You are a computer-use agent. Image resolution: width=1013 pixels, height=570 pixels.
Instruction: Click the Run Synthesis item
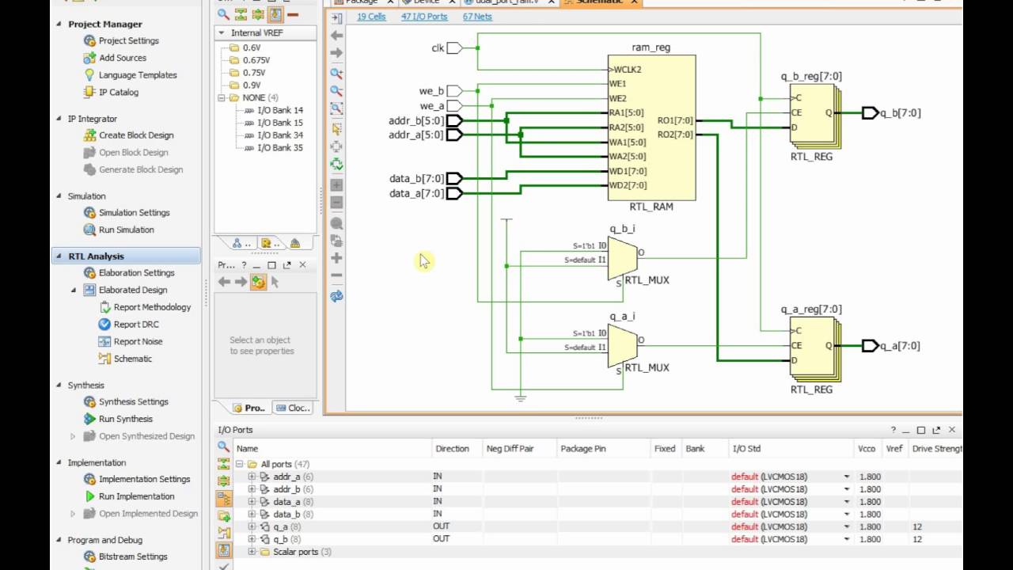(x=125, y=419)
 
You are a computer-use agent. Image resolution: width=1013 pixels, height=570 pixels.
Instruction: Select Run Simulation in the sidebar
(x=126, y=230)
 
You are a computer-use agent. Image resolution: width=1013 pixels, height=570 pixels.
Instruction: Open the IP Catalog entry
(x=118, y=92)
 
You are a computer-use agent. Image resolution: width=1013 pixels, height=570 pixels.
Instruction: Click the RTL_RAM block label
(x=651, y=207)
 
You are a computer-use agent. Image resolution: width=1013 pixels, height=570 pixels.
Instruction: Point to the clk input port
(x=453, y=48)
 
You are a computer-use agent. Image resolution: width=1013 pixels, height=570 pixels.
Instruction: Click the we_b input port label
(x=431, y=91)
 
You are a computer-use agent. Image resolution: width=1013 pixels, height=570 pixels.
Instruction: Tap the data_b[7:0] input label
(x=415, y=179)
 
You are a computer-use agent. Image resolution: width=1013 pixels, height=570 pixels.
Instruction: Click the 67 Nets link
(x=477, y=17)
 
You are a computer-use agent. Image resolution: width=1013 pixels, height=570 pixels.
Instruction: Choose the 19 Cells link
(x=371, y=17)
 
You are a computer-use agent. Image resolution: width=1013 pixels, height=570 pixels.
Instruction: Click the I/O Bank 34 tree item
(x=280, y=135)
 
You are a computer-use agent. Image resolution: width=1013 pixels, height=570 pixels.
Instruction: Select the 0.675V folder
(x=256, y=60)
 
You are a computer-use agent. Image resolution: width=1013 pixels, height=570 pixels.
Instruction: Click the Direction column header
(x=452, y=449)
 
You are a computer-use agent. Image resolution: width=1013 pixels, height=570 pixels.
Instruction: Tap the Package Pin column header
(x=582, y=449)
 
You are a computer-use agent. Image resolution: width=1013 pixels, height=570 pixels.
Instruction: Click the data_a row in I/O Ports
(x=286, y=502)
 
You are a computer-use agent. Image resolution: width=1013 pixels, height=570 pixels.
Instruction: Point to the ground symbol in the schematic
(x=520, y=397)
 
